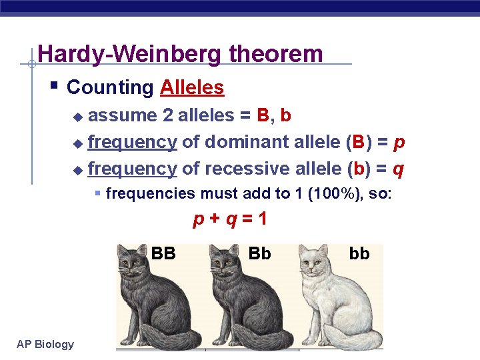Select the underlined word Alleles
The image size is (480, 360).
click(x=192, y=87)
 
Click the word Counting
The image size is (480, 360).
click(x=110, y=87)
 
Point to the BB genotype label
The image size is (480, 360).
click(x=163, y=253)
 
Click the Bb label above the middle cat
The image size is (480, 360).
click(x=259, y=253)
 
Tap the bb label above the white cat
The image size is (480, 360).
click(x=359, y=253)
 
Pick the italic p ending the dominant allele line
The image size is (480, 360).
click(x=400, y=142)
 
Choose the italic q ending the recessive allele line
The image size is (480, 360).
click(x=398, y=169)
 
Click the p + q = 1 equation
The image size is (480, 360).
click(x=230, y=219)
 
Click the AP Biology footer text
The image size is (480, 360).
click(x=45, y=344)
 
